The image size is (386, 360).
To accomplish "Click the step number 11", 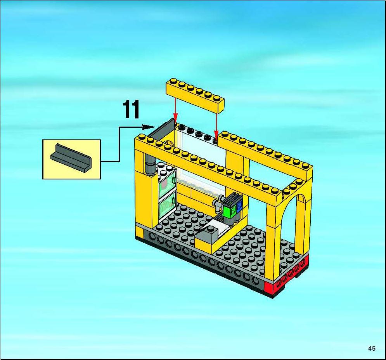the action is (131, 109).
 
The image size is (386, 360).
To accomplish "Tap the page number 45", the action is (372, 348).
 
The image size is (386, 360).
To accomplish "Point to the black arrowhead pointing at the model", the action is (149, 127).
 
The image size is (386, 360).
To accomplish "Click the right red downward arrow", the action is (216, 125).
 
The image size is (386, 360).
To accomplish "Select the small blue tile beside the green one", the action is (239, 206).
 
